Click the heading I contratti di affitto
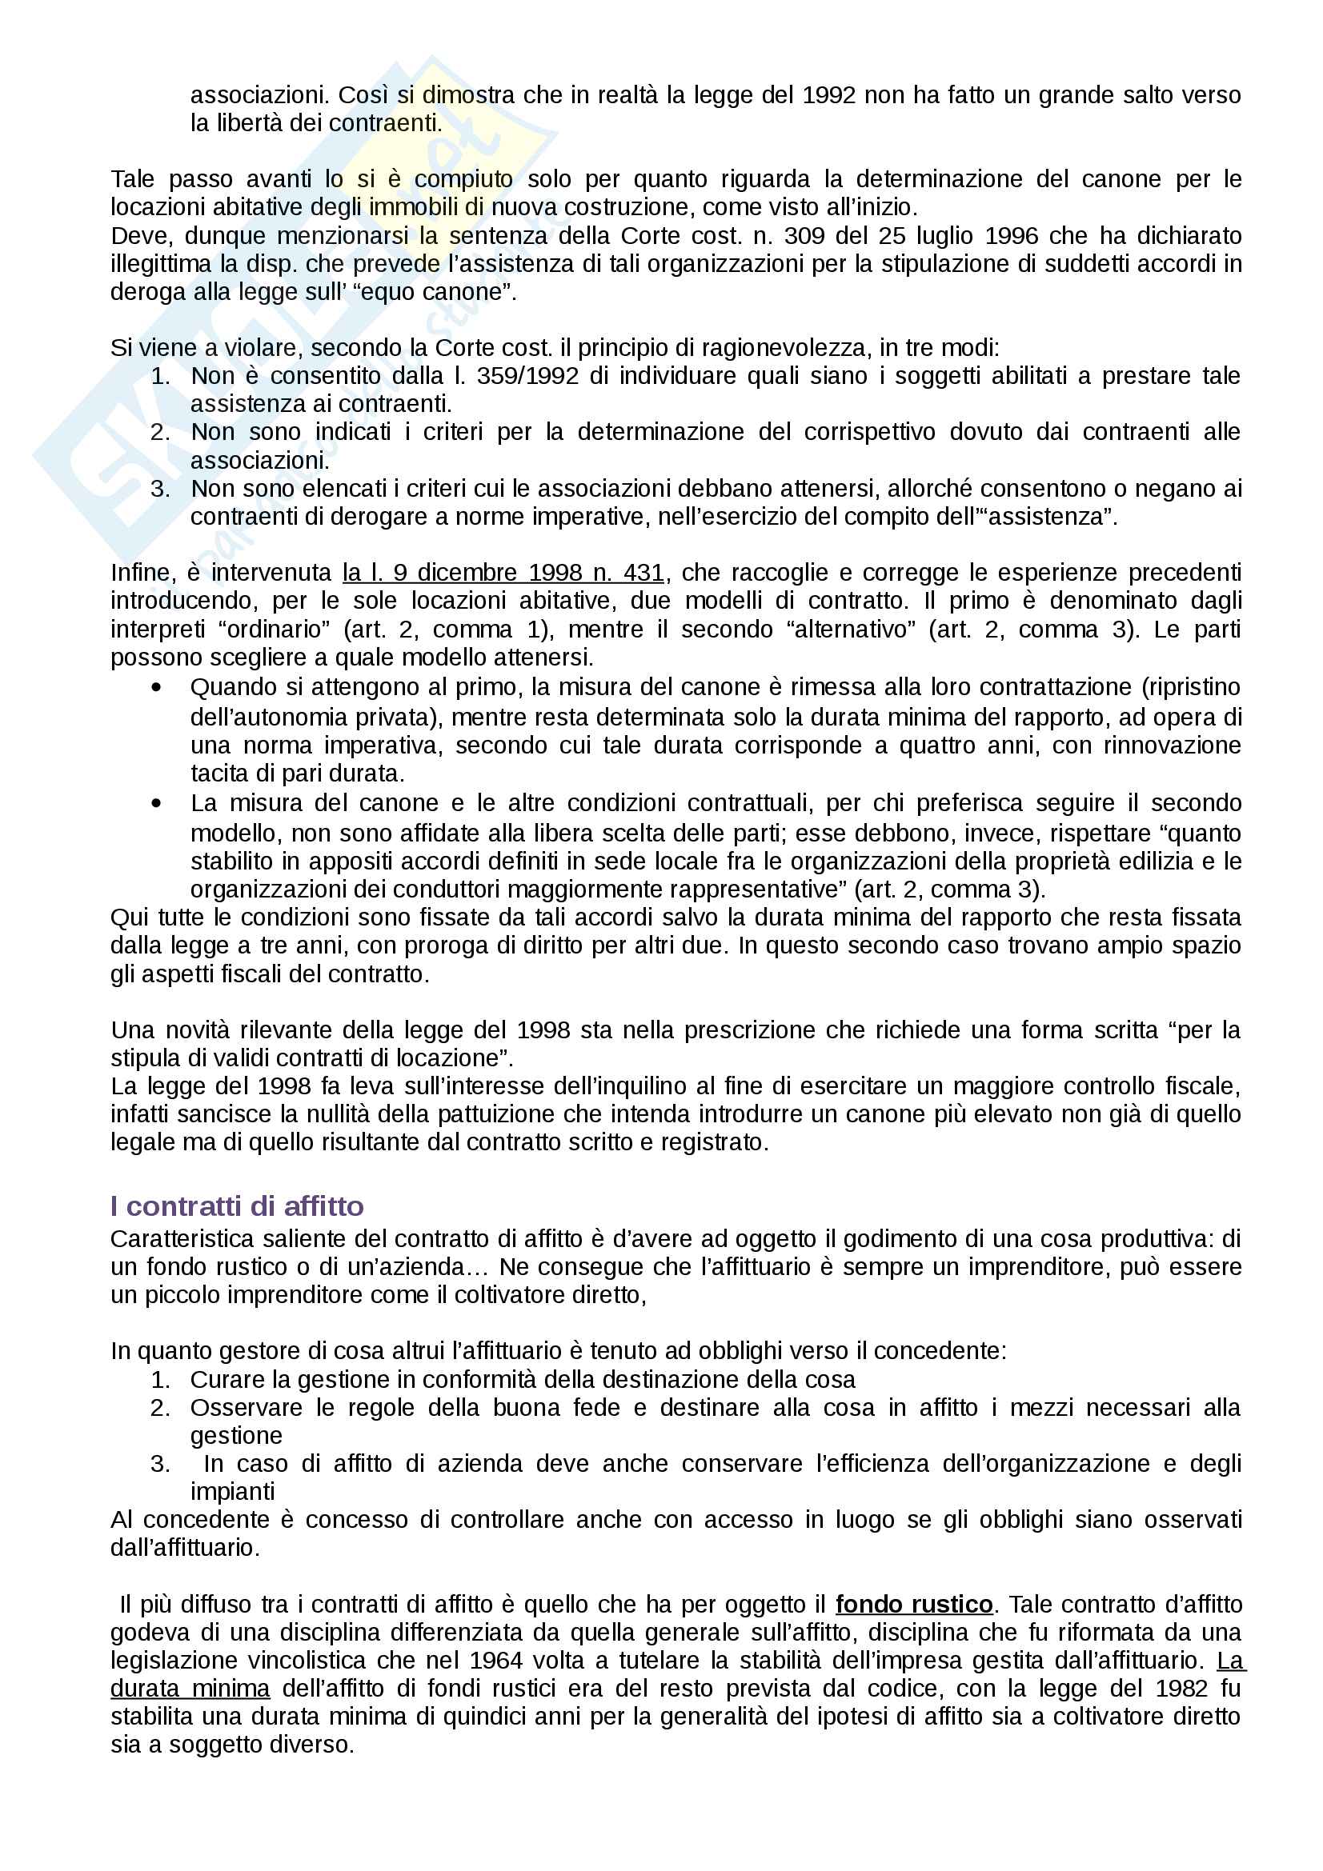tap(237, 1205)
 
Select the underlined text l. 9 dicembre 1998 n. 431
tap(503, 573)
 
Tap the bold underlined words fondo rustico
tap(914, 1605)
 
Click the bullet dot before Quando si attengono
tap(157, 688)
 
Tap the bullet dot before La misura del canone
tap(157, 803)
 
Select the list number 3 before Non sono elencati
tap(160, 489)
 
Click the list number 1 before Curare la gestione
tap(160, 1380)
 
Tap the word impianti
tap(232, 1492)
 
